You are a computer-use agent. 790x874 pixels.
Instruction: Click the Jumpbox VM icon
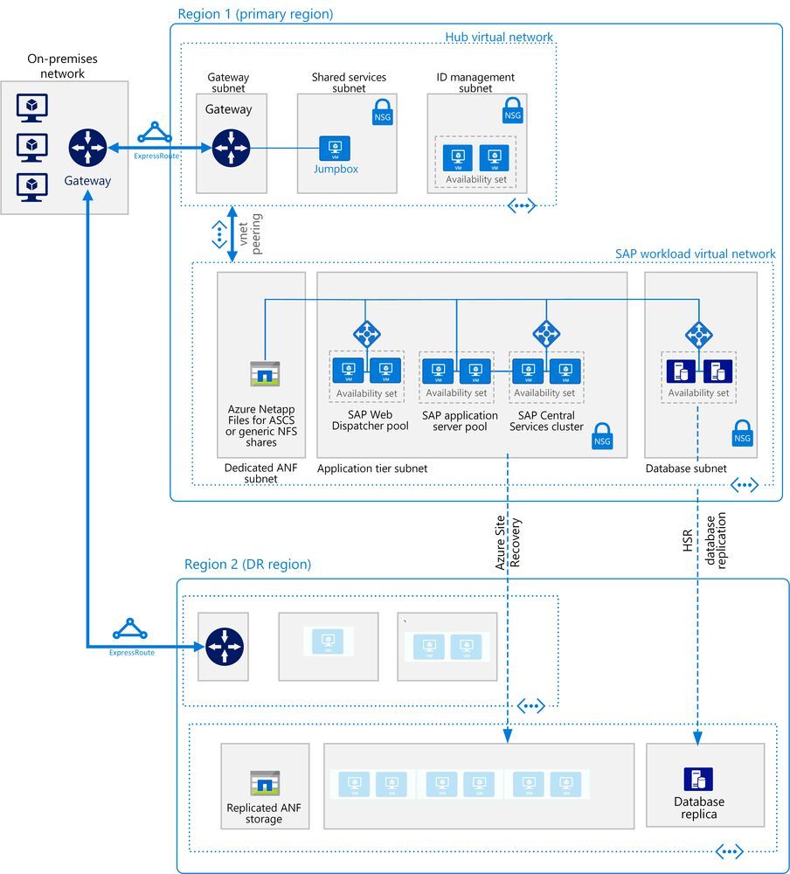click(334, 148)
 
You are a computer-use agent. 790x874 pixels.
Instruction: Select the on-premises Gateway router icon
click(87, 148)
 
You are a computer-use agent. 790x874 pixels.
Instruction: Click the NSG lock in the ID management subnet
click(512, 110)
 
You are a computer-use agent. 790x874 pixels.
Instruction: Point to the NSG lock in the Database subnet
click(742, 434)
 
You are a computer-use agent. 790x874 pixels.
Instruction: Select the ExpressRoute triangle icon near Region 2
click(130, 630)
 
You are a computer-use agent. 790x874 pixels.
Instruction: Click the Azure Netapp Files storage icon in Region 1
click(261, 374)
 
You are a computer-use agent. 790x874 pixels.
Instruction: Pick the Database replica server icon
click(698, 779)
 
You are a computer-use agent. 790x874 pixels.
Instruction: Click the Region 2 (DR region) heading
click(247, 565)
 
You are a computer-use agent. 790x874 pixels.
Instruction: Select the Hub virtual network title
click(499, 37)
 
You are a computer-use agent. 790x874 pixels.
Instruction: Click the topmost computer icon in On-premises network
click(32, 108)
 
